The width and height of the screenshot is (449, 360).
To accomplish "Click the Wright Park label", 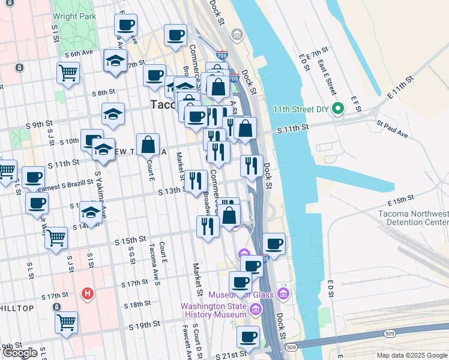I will tap(74, 16).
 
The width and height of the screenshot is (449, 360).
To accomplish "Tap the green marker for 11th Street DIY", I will tap(337, 109).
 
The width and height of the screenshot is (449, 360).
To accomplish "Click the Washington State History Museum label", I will tap(214, 310).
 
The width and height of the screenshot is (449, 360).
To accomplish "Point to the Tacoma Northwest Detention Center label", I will tap(413, 218).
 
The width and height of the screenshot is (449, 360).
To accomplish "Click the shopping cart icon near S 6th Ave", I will tap(68, 73).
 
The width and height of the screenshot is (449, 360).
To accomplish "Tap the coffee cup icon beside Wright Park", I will tap(126, 25).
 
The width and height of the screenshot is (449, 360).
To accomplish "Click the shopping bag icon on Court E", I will tap(148, 145).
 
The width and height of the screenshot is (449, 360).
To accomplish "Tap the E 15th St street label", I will tap(402, 200).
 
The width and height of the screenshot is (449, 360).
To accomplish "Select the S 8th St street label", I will tap(103, 92).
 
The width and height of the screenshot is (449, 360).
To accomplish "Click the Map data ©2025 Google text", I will tap(412, 355).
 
